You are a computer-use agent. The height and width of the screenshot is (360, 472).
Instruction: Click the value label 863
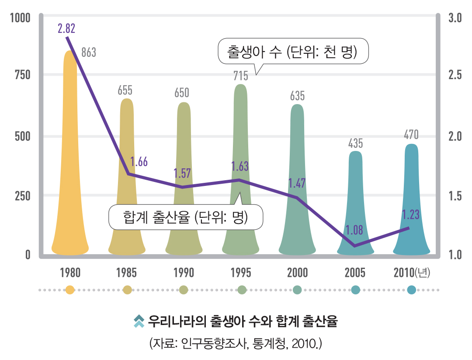pyautogui.click(x=89, y=53)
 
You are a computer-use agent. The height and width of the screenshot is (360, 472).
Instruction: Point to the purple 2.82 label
pyautogui.click(x=66, y=29)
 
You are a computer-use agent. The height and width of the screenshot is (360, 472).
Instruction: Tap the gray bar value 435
pyautogui.click(x=355, y=143)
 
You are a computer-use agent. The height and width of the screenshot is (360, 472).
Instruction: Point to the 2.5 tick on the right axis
pyautogui.click(x=455, y=75)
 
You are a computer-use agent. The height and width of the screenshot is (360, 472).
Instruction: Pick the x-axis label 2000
pyautogui.click(x=298, y=273)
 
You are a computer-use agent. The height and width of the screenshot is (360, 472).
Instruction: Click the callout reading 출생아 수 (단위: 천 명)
pyautogui.click(x=293, y=52)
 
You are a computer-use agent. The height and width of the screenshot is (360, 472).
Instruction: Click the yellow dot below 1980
pyautogui.click(x=70, y=290)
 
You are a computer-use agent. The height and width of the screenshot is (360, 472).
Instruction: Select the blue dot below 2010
pyautogui.click(x=411, y=290)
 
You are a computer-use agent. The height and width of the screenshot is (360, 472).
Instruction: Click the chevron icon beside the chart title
pyautogui.click(x=139, y=321)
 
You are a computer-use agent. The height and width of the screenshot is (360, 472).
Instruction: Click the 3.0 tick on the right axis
pyautogui.click(x=455, y=18)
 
